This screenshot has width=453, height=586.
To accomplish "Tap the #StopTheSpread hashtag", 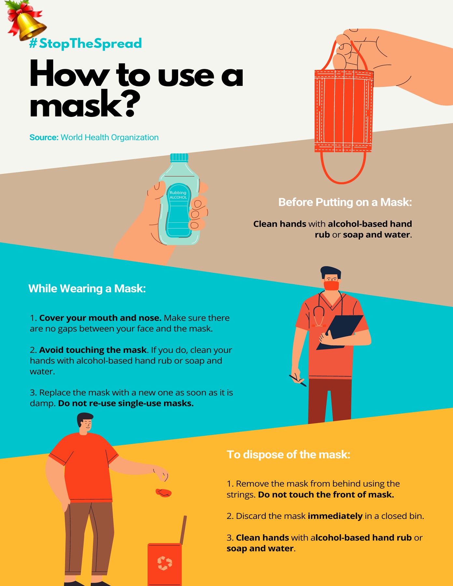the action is (x=86, y=43).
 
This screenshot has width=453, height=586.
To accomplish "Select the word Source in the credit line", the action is (x=44, y=137).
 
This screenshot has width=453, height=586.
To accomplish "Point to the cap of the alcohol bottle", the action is (x=179, y=158).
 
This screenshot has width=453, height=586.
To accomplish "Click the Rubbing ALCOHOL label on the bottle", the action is (x=178, y=195).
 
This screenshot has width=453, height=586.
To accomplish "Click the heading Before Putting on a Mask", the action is (x=345, y=202).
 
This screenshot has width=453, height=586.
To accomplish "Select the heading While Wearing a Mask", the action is (x=87, y=288).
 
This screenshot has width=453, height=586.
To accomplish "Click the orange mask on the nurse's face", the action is (x=331, y=286).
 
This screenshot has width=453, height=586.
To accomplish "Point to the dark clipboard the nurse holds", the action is (x=340, y=332).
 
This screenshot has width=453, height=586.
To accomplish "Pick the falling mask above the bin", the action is (x=163, y=493).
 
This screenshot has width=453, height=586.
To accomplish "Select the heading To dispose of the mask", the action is (x=288, y=454).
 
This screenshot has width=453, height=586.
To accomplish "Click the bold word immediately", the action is (x=335, y=516).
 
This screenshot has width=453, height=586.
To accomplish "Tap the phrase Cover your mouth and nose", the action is (x=100, y=318).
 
